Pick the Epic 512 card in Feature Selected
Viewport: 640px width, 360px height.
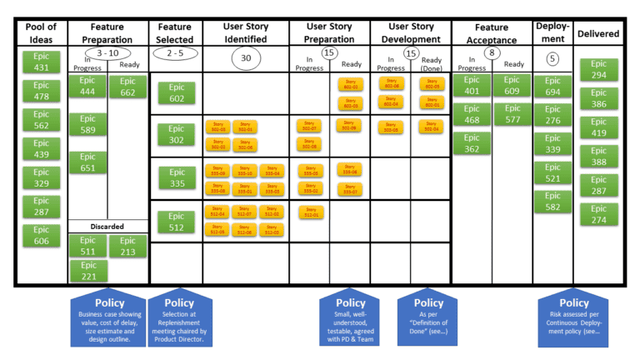[177, 221]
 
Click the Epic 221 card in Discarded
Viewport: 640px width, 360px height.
[87, 271]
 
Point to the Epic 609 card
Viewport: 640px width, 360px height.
[511, 86]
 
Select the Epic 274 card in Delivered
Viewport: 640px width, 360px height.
[599, 214]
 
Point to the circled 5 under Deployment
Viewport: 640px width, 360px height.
[552, 58]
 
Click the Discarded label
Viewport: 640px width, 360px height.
[107, 226]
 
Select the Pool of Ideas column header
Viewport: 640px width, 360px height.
[41, 33]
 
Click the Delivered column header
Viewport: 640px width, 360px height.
[599, 33]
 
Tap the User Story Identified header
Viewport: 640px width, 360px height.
[245, 32]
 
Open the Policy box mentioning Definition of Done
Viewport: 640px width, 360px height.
[428, 320]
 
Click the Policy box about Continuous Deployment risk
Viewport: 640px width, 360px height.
[574, 320]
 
